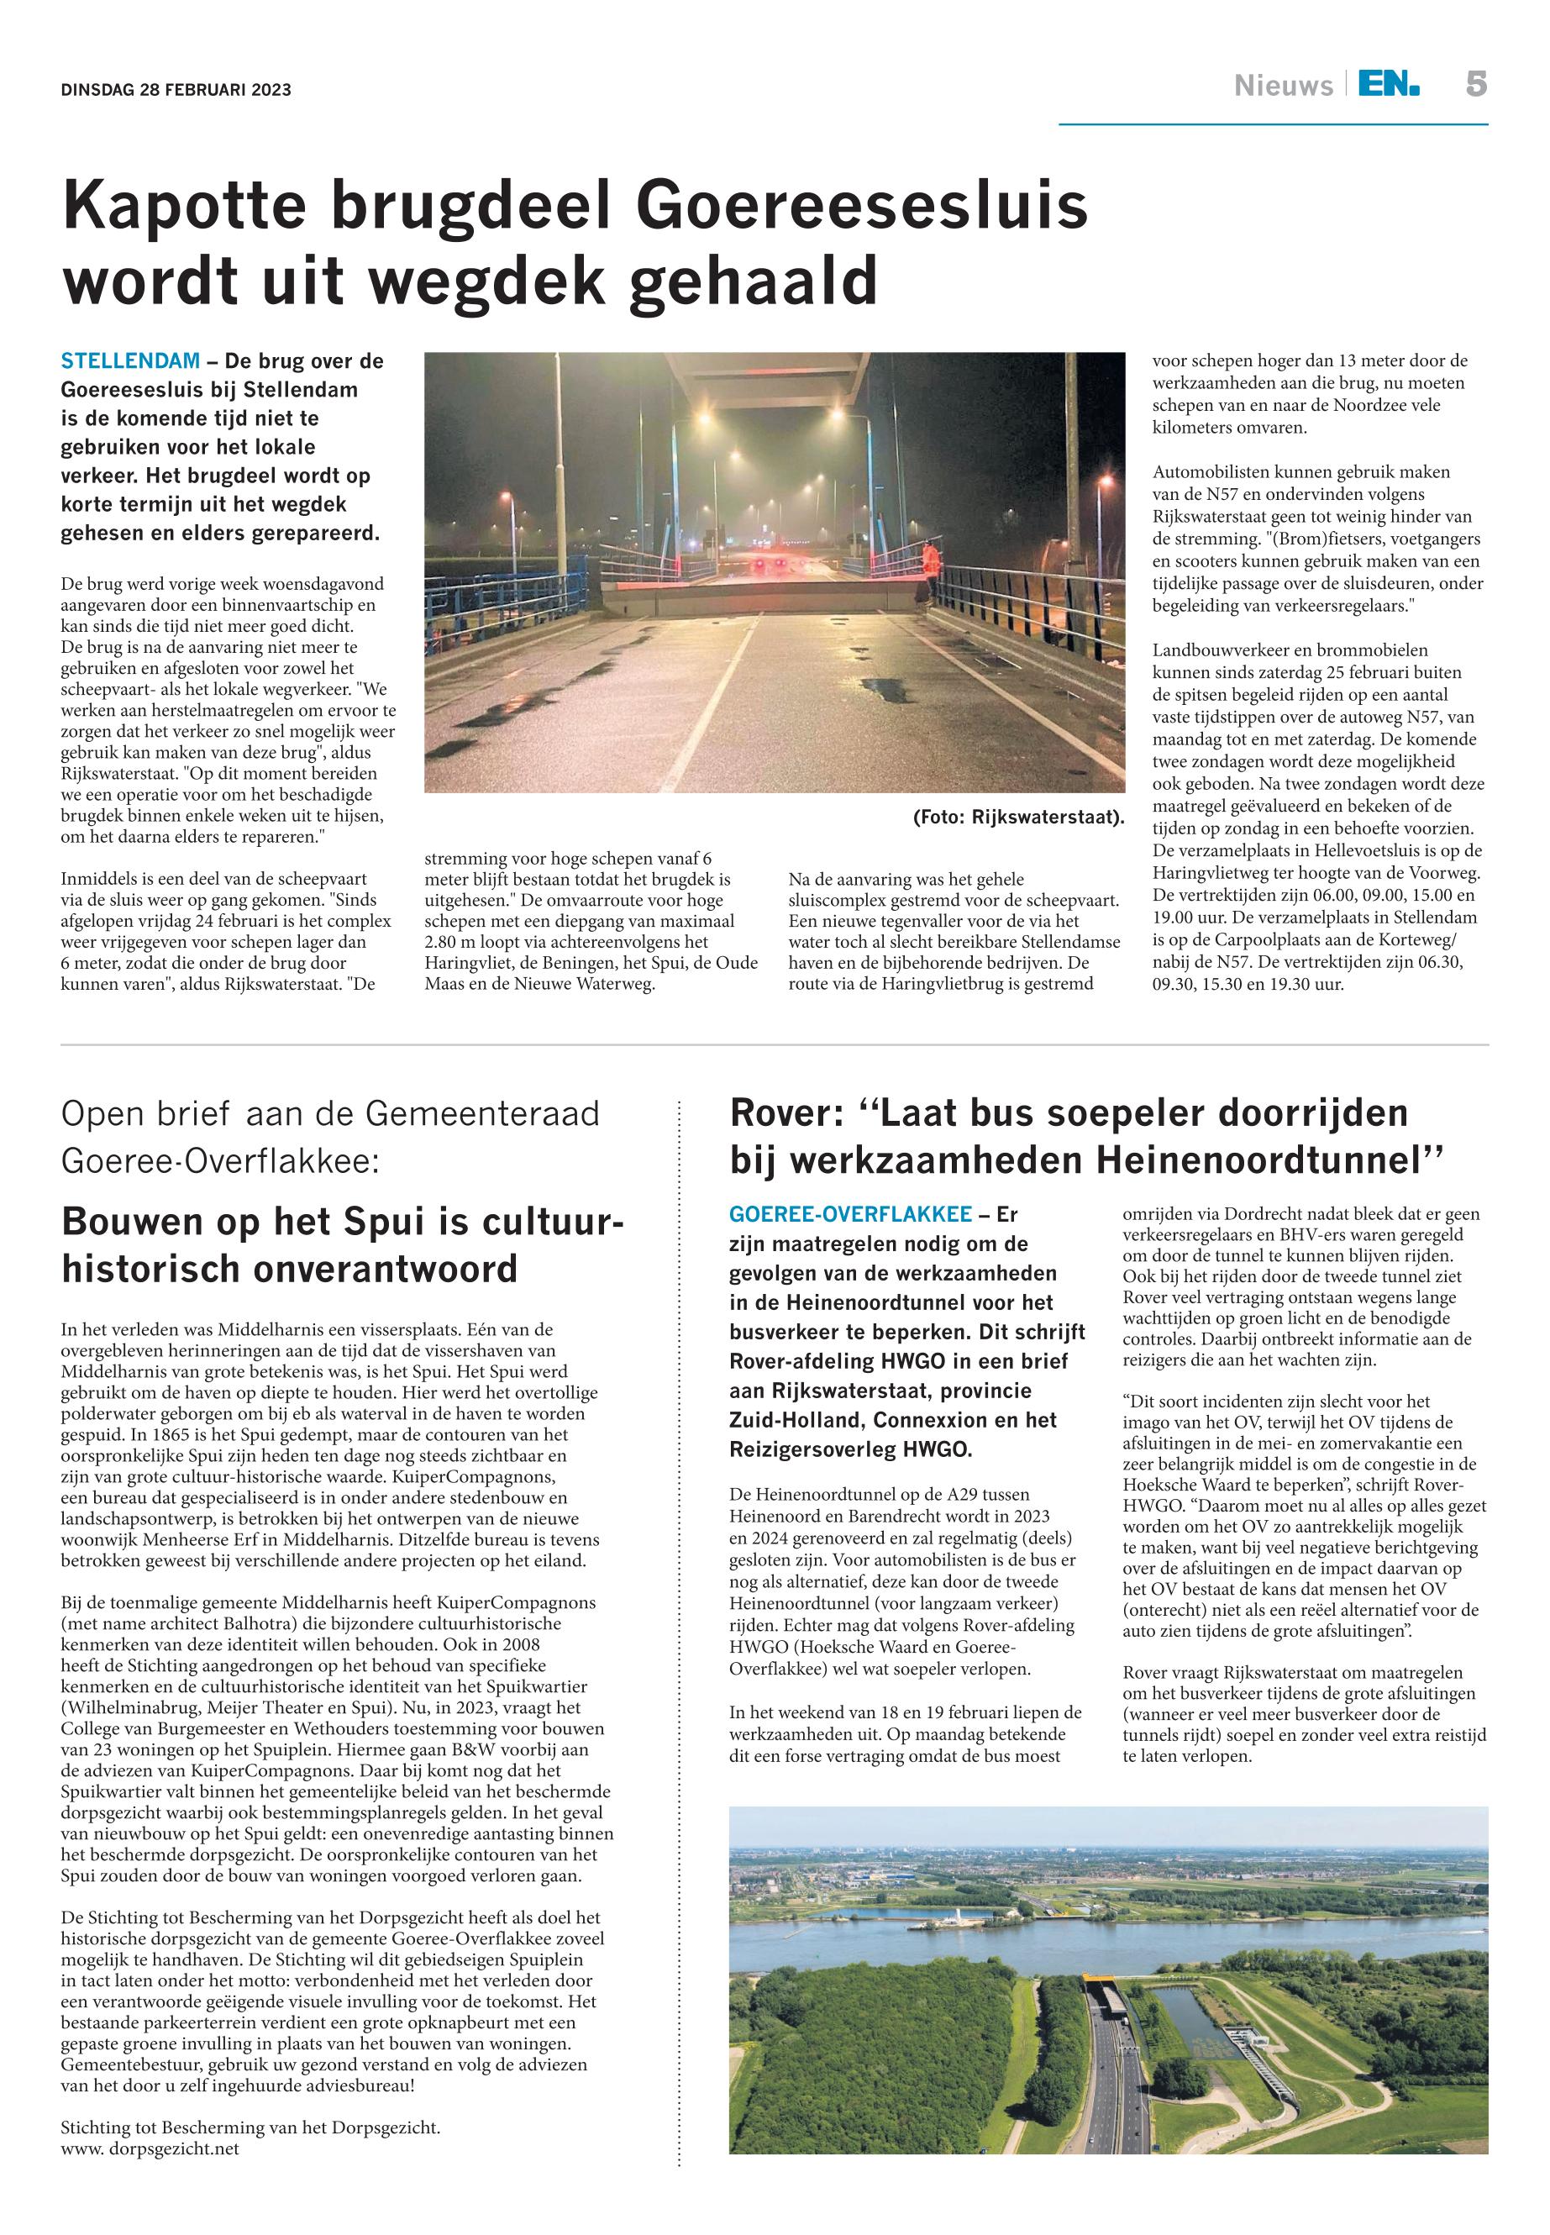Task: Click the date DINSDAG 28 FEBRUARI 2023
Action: pos(176,91)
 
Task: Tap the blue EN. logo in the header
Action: pos(1388,86)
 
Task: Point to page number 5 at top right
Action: pos(1475,85)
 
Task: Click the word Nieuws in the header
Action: pos(1283,87)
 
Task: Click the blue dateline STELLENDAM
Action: pos(130,361)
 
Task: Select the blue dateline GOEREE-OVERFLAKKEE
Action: pos(850,1214)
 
